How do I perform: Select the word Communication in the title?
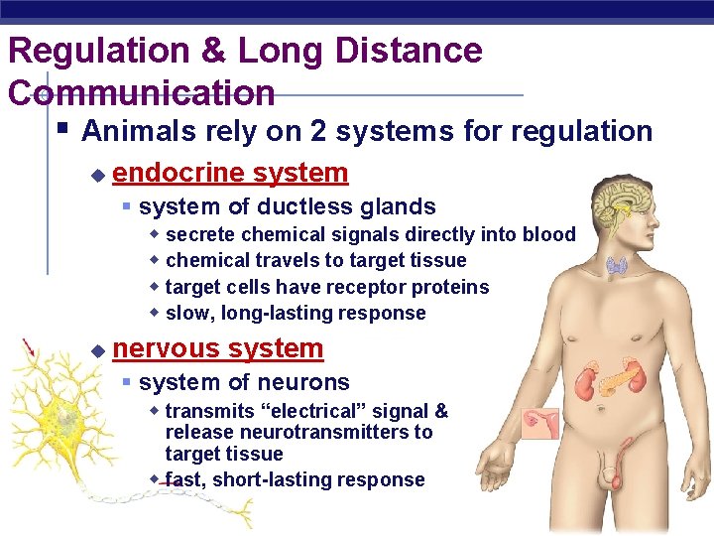click(141, 92)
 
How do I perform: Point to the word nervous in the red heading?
click(167, 348)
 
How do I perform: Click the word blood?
click(549, 234)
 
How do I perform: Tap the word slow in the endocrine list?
click(184, 313)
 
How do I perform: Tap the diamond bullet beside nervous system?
click(96, 350)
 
